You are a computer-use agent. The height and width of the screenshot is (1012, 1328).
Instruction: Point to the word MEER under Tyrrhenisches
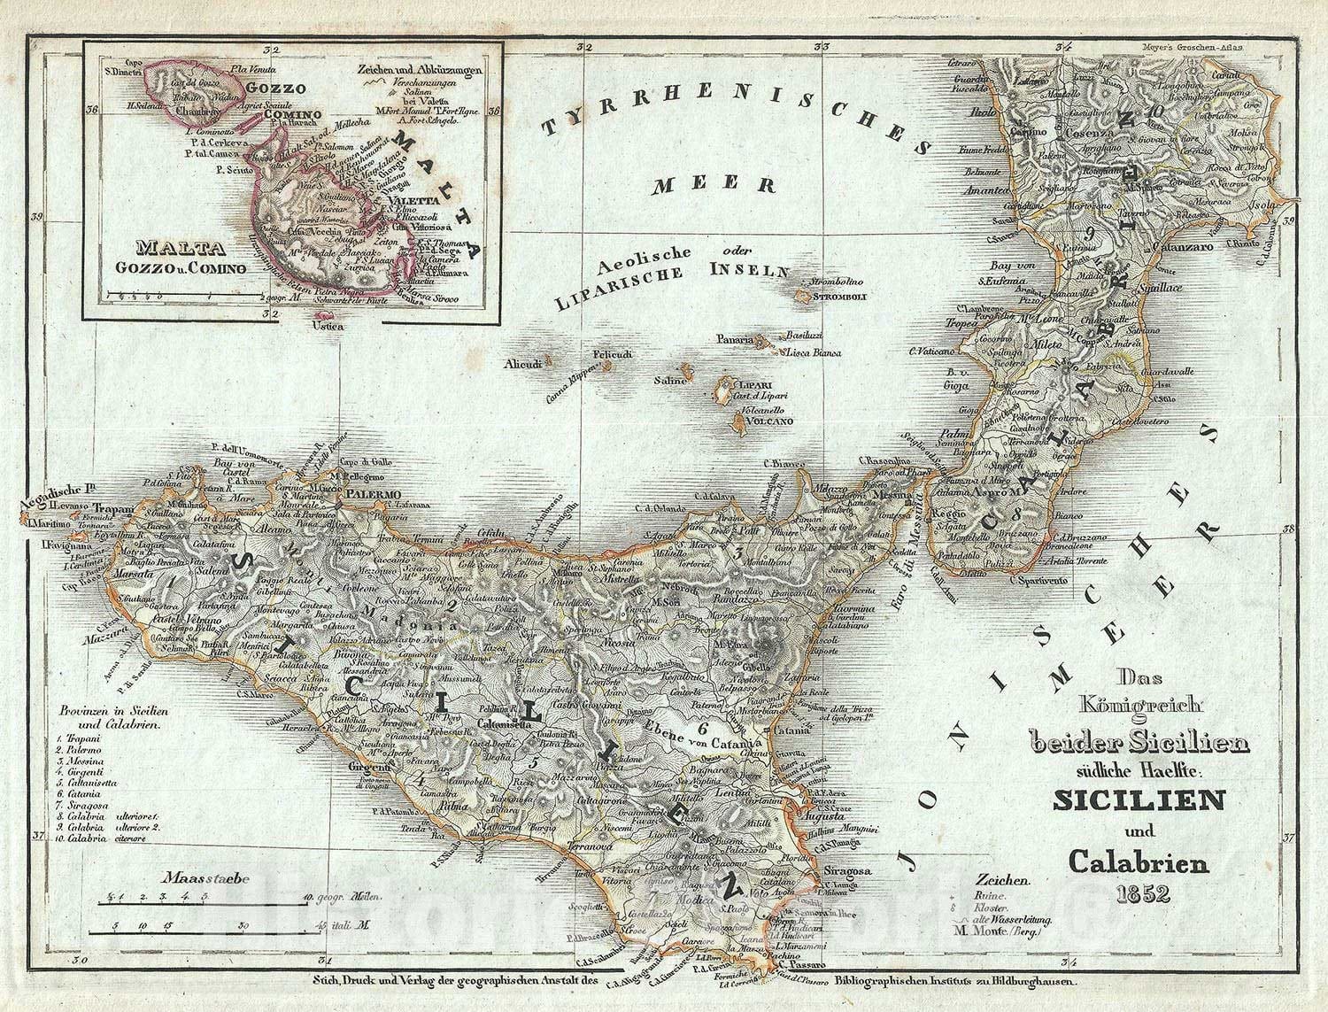[x=715, y=185]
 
